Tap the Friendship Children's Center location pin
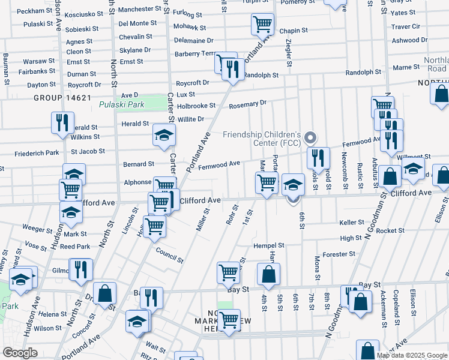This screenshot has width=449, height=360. tap(310, 137)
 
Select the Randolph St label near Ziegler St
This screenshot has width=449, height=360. tap(262, 76)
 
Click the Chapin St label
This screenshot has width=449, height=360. tap(293, 30)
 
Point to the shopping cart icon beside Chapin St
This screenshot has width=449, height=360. tap(262, 24)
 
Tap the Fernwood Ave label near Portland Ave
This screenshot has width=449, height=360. tap(219, 163)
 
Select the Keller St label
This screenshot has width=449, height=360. tap(352, 222)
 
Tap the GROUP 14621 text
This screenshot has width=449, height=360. tap(62, 98)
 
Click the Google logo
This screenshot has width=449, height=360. tap(20, 353)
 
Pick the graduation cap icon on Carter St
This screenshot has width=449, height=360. tap(163, 135)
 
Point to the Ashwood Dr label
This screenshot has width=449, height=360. tap(409, 40)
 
